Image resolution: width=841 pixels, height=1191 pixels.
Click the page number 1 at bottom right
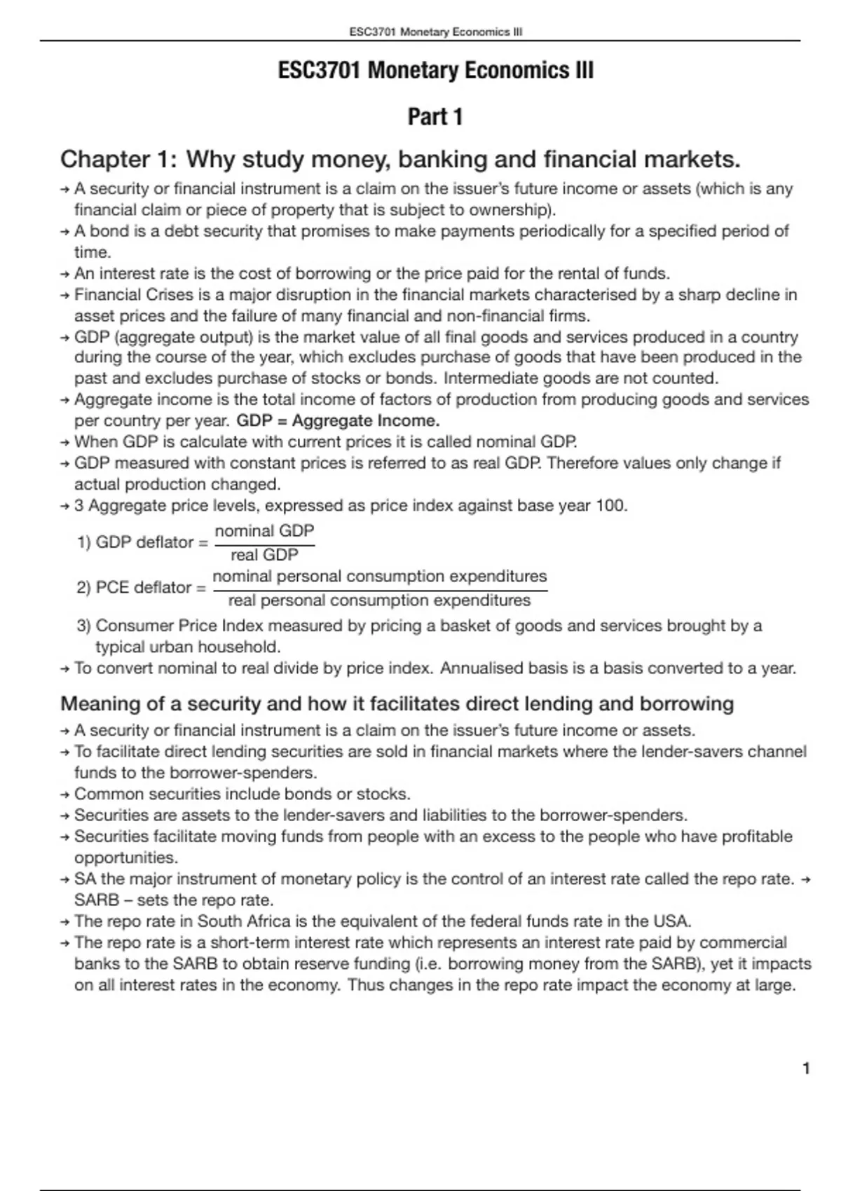[x=806, y=1068]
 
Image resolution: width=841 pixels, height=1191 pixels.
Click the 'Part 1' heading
[x=435, y=116]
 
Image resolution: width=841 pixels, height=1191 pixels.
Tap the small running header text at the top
[x=435, y=32]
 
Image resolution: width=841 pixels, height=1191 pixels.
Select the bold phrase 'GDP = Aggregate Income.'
[x=338, y=421]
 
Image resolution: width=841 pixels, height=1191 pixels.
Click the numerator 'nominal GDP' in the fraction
[x=264, y=531]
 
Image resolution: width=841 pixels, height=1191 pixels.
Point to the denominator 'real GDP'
[x=264, y=555]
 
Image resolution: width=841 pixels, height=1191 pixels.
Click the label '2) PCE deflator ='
[x=141, y=588]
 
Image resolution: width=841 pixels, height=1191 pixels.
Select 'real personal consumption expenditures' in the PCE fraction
[x=379, y=600]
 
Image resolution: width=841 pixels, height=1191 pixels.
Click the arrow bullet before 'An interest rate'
[x=64, y=274]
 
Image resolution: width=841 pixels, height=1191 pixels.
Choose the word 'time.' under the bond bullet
[x=93, y=253]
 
